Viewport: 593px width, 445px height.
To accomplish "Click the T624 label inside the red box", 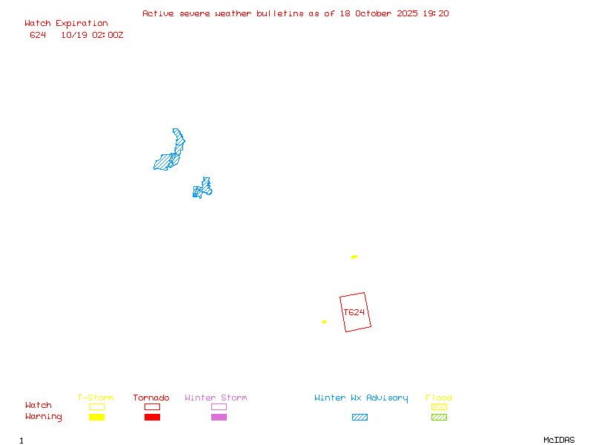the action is [354, 312].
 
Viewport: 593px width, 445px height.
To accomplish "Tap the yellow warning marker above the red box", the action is [354, 257].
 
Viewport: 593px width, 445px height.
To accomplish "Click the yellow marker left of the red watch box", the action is [324, 322].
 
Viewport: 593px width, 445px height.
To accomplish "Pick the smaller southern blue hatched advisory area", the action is [202, 189].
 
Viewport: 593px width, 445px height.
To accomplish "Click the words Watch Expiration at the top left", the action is [66, 23].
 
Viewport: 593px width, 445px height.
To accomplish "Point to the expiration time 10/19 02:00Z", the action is [92, 35].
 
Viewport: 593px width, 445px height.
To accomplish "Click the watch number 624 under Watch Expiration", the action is [38, 35].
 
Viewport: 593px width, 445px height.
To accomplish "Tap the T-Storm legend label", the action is [96, 398].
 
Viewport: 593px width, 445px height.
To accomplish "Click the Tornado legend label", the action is [151, 398].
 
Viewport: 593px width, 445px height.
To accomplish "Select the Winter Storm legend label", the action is [216, 398].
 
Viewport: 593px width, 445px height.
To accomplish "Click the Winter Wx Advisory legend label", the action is [361, 398].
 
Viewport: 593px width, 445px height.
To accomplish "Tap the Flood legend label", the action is [439, 398].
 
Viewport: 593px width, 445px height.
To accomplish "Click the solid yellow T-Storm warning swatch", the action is [96, 417].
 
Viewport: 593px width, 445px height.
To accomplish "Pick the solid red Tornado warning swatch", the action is [152, 417].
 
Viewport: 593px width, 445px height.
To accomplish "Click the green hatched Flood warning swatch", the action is [439, 417].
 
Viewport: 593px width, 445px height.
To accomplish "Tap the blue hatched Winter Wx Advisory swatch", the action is [360, 417].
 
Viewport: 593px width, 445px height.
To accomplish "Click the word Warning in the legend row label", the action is [44, 417].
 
